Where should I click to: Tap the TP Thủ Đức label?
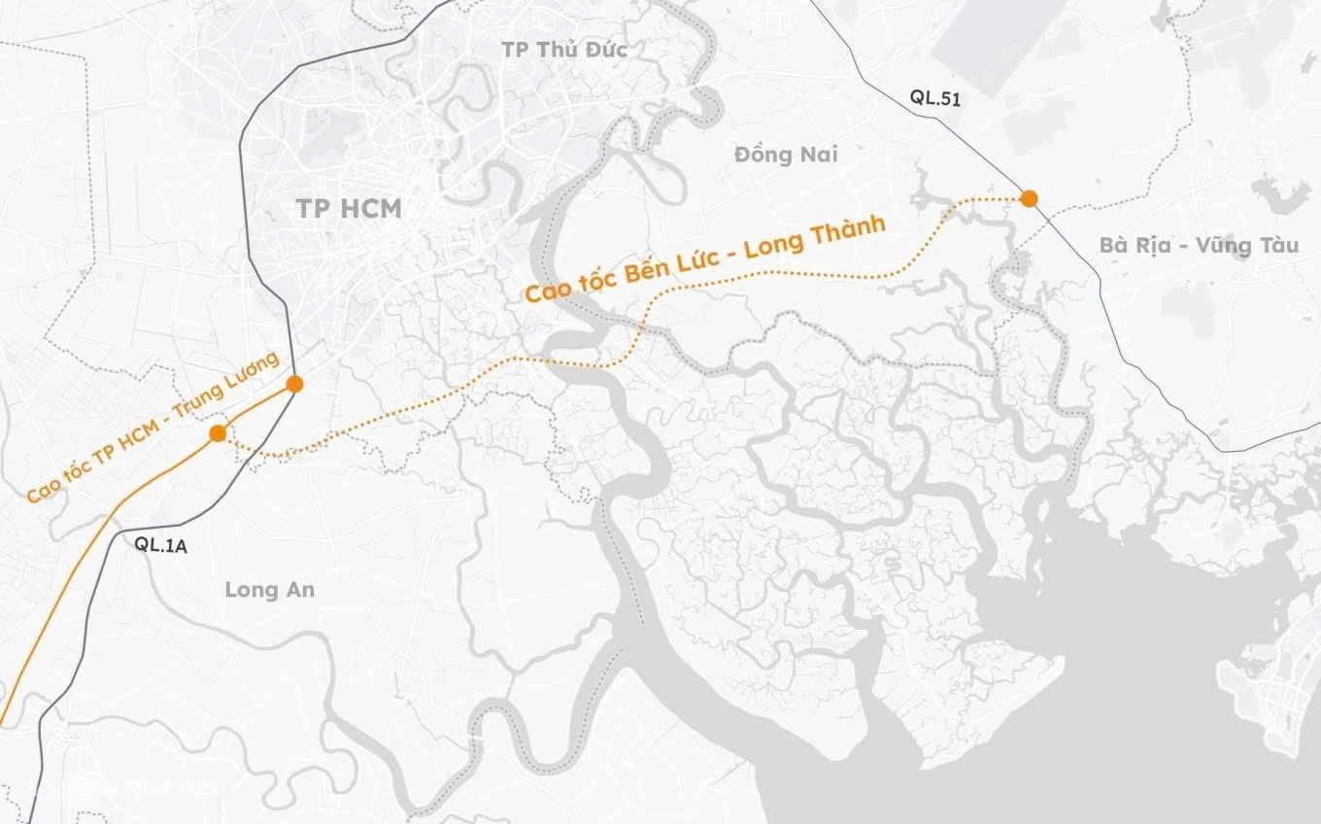coord(564,50)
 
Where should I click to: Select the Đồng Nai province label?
coord(786,154)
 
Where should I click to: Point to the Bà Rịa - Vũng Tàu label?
coord(1199,245)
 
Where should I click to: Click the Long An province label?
coord(269,589)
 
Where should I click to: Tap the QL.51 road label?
coord(935,96)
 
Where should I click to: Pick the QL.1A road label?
coord(161,545)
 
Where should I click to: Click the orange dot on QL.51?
coord(1029,198)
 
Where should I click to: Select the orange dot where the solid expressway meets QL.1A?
coord(295,384)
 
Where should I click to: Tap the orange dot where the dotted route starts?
coord(218,432)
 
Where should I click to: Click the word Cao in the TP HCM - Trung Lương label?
coord(43,490)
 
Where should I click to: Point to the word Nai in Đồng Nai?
coord(818,154)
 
